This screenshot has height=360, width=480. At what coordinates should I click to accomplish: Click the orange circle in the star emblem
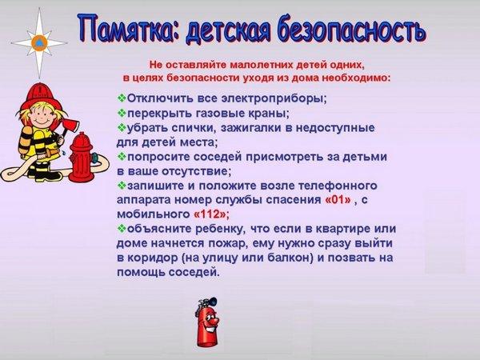point(39,43)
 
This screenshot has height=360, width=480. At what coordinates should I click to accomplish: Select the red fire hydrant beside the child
point(81,158)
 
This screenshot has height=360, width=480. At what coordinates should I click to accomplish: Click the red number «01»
point(338,200)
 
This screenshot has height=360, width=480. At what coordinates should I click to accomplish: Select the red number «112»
point(211,214)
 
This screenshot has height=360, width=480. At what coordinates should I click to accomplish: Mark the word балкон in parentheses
point(290,258)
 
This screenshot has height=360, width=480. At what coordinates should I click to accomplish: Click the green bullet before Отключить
point(122,98)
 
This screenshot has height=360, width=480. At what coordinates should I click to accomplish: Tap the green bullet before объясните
point(122,228)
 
